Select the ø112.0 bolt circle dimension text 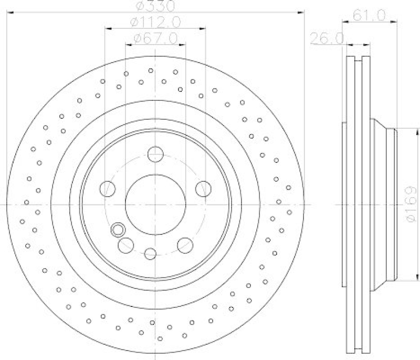point(155,22)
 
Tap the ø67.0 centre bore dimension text point(155,38)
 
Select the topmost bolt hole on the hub point(155,155)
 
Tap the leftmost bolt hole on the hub point(108,188)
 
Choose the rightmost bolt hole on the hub point(203,188)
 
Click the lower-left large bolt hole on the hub point(126,244)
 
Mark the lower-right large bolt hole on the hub point(185,244)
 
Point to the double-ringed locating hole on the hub point(118,229)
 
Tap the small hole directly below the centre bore point(151,253)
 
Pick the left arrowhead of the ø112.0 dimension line point(108,28)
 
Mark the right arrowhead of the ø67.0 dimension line point(183,44)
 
